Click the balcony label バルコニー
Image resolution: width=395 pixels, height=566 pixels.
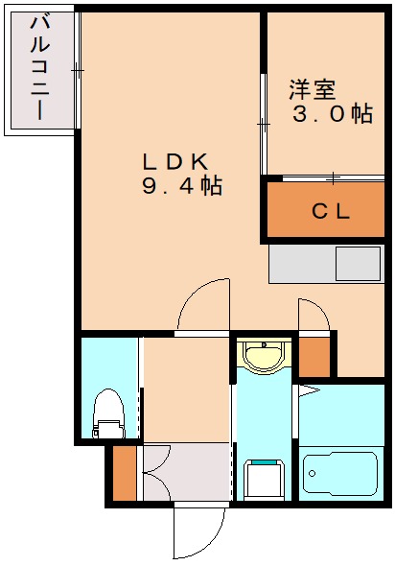pos(40,67)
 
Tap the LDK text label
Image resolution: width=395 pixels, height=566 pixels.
pos(176,160)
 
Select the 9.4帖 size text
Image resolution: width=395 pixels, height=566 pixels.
pos(182,187)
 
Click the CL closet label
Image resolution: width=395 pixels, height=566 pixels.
pos(331,211)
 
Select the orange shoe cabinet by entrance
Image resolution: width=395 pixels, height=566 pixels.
pos(124,473)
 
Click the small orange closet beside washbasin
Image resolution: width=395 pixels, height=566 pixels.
pos(314,358)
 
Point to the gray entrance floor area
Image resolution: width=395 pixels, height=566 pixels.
pos(187,473)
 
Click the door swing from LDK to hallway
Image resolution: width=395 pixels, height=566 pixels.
pos(203,305)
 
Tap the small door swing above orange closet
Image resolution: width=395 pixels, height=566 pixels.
pos(313,315)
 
